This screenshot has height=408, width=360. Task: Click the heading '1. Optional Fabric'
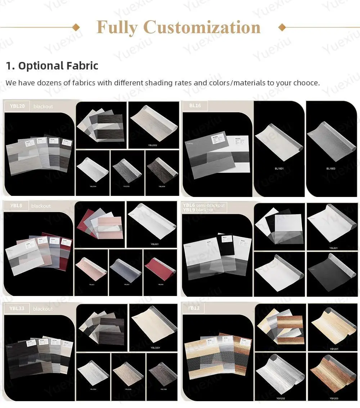coord(52,66)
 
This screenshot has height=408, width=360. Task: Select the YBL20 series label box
coord(17,106)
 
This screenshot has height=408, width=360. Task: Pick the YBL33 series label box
coord(17,309)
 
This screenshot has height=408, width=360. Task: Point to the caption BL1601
coord(279,169)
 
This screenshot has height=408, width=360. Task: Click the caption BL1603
coord(331,169)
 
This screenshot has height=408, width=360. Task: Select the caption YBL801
coord(155,244)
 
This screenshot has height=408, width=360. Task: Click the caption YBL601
coord(333,248)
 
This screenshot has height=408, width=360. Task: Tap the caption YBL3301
coord(155,348)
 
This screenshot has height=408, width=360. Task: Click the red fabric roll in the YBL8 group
coord(161,268)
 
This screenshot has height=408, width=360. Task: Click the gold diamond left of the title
coord(76,27)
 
